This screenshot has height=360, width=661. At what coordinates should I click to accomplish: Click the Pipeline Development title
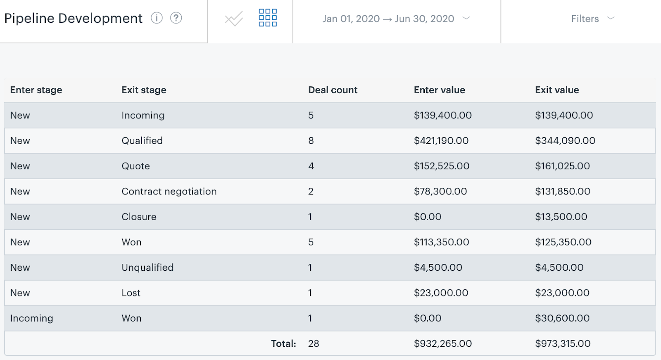[74, 19]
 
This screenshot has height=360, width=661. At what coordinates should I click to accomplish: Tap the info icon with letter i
[157, 18]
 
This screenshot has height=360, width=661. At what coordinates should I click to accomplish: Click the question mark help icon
[176, 18]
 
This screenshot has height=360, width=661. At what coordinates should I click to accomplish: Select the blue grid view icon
[268, 18]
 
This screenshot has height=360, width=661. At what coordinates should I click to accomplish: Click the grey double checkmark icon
[234, 19]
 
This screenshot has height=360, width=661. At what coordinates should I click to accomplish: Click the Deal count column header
[333, 90]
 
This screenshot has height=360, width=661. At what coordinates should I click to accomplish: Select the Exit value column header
[557, 90]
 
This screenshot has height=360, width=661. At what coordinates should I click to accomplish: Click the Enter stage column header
[36, 90]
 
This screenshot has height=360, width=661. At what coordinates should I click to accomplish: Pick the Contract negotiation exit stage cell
[169, 192]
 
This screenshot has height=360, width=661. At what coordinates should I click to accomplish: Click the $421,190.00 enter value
[441, 141]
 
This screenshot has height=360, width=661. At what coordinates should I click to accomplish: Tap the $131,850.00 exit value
[563, 192]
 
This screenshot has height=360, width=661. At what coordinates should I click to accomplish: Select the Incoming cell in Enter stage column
[32, 318]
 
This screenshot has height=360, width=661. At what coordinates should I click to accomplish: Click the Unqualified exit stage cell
[147, 268]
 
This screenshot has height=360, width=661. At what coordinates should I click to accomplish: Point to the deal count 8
[311, 141]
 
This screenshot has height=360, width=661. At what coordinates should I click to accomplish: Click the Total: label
[283, 343]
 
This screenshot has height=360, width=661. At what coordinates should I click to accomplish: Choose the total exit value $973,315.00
[563, 343]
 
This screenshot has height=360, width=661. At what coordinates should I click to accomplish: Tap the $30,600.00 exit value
[562, 318]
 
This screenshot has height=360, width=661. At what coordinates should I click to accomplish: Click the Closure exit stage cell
[139, 217]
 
